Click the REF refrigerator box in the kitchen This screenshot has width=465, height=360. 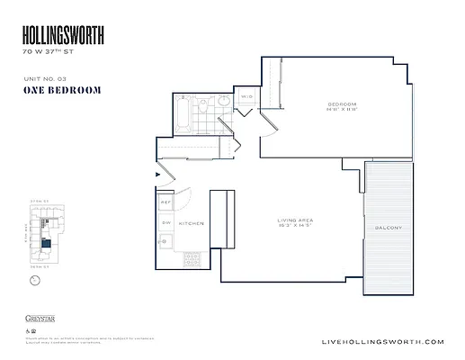[x=165, y=203]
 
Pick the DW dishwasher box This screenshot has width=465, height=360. [x=165, y=222]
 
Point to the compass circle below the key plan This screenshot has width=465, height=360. [x=35, y=281]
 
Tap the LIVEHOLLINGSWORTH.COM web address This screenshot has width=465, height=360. [x=382, y=342]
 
